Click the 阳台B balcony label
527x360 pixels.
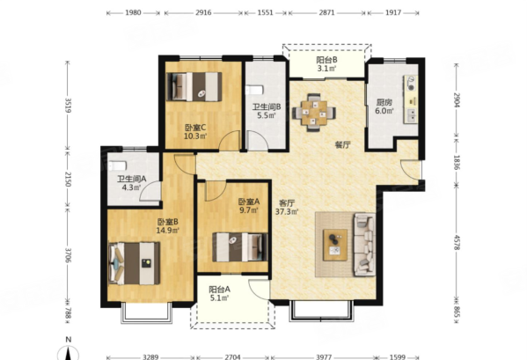pos(326,60)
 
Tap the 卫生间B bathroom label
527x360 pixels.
pos(267,107)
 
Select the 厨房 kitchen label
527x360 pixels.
pos(384,102)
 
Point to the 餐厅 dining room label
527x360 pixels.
pos(343,145)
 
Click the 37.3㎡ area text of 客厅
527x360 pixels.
pos(287,212)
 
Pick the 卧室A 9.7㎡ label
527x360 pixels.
pos(249,206)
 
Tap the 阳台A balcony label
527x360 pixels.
pos(219,290)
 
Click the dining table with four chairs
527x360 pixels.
pos(314,113)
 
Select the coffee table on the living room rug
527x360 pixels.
pos(335,245)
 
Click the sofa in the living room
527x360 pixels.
pos(364,245)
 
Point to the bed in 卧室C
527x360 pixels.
pos(194,87)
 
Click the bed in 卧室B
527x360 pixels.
pos(134,263)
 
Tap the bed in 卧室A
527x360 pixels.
pos(240,247)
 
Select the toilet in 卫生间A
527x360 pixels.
pos(118,165)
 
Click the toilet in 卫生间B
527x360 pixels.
pos(254,90)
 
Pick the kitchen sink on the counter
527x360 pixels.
pos(412,114)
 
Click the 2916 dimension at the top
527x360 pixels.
pos(203,13)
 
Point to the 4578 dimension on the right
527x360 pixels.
pos(457,242)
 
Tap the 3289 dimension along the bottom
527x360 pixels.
pos(150,356)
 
